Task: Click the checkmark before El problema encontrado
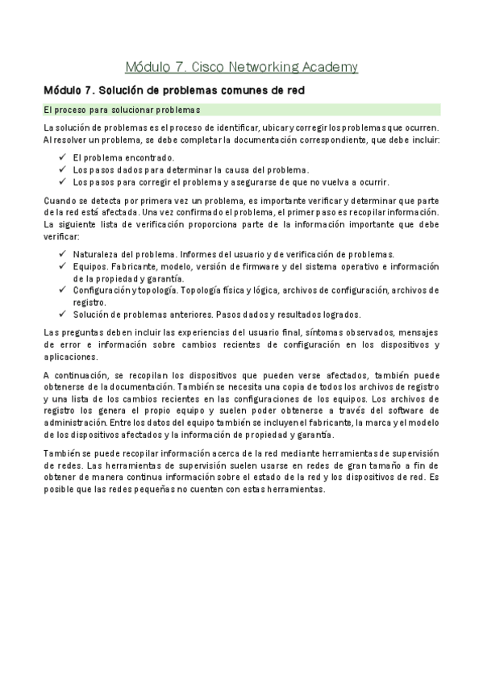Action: point(62,158)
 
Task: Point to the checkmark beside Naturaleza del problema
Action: point(62,253)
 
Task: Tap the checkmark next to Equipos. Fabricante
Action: point(62,266)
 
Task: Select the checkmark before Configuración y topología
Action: point(62,290)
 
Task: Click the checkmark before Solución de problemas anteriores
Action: point(62,314)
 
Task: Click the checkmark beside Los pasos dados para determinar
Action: point(62,169)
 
